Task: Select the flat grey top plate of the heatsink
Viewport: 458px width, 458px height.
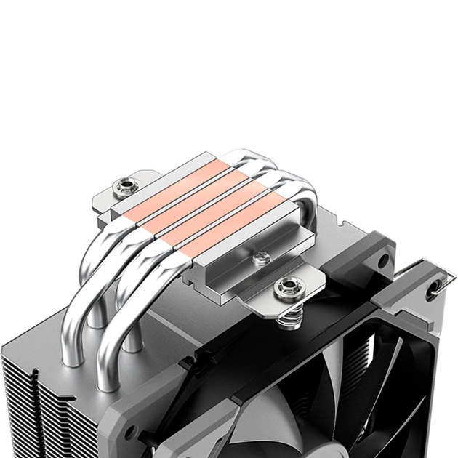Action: coord(167,320)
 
